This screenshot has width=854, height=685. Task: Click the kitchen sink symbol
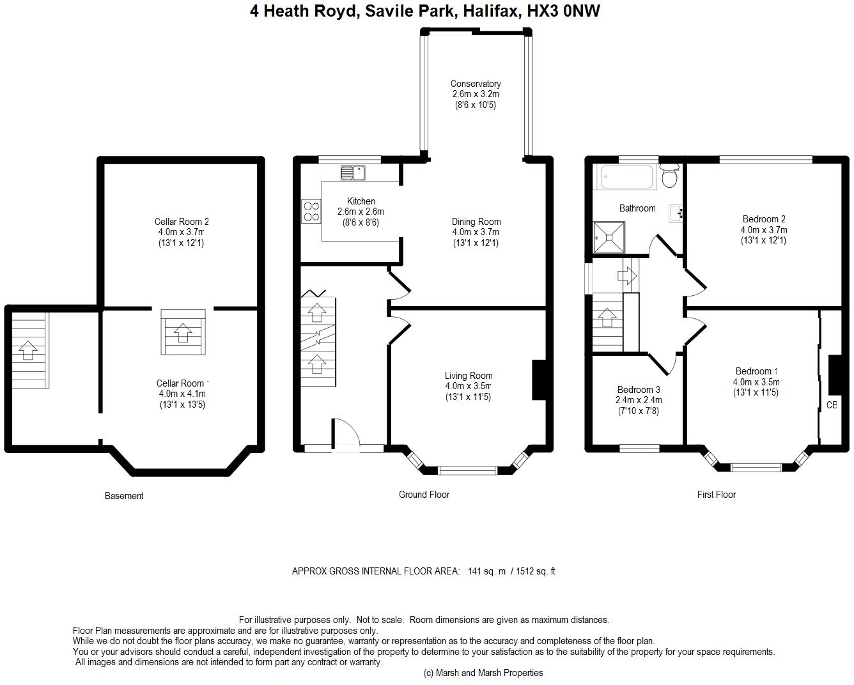[353, 173]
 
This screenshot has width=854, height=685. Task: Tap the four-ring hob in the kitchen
[311, 212]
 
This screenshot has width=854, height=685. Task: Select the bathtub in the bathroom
[626, 177]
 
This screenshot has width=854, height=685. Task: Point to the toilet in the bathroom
[670, 176]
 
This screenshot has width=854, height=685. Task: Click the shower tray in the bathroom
[609, 237]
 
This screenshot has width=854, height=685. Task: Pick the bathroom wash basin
[676, 213]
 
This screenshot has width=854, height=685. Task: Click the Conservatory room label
[476, 84]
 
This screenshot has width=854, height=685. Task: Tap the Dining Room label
[476, 222]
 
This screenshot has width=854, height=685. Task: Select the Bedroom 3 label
[639, 390]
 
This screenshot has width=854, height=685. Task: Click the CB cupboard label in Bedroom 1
[832, 405]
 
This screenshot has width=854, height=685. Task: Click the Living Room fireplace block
[540, 380]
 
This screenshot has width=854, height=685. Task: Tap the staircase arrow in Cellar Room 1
[183, 332]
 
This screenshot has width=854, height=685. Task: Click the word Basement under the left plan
[124, 496]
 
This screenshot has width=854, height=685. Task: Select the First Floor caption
[717, 495]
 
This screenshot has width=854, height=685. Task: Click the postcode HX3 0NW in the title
[563, 11]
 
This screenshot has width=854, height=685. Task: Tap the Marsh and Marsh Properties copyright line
[483, 673]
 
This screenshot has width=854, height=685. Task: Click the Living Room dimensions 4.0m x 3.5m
[469, 386]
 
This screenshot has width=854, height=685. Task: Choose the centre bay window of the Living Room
[467, 470]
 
